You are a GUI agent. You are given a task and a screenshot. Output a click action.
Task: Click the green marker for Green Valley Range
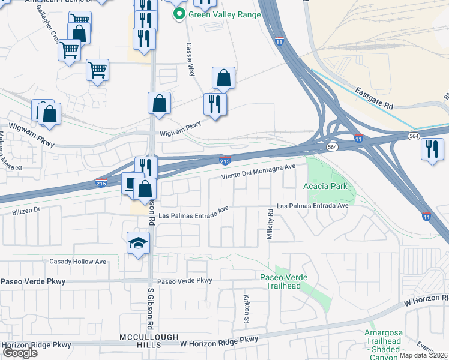pyautogui.click(x=179, y=14)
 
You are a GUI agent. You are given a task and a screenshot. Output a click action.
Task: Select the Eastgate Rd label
pyautogui.click(x=373, y=98)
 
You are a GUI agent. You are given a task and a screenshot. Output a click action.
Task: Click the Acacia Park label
pyautogui.click(x=325, y=186)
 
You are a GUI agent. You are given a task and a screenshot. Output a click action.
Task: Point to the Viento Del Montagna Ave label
pyautogui.click(x=259, y=171)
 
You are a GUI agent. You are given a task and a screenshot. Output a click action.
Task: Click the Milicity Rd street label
pyautogui.click(x=270, y=226)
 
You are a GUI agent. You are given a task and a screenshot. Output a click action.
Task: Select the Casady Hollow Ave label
pyautogui.click(x=77, y=262)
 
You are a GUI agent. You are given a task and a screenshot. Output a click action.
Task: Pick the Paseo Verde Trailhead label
pyautogui.click(x=283, y=281)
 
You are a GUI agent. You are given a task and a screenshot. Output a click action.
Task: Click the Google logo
pyautogui.click(x=19, y=353)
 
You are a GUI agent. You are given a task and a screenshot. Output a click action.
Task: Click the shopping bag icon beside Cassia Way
pyautogui.click(x=223, y=78)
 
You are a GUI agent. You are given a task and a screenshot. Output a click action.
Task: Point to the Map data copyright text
pyautogui.click(x=423, y=355)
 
